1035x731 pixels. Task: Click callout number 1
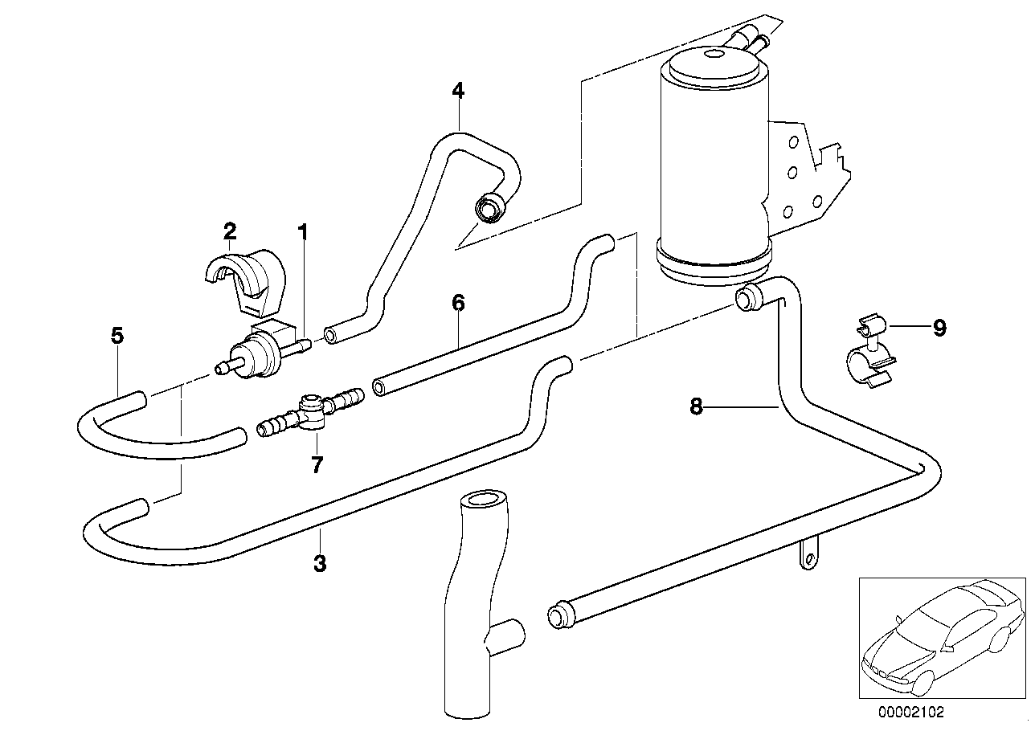tap(303, 233)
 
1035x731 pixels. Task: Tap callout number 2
tap(230, 231)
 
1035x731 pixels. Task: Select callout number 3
tap(320, 563)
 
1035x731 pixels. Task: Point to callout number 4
tap(457, 90)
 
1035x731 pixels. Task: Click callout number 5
tap(117, 335)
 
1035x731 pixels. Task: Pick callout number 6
tap(458, 303)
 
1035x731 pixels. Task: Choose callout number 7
tap(317, 464)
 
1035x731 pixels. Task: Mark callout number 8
tap(697, 407)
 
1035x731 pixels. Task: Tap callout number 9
tap(939, 327)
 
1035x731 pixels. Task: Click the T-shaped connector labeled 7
tap(309, 410)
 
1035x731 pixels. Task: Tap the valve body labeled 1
tap(257, 349)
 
